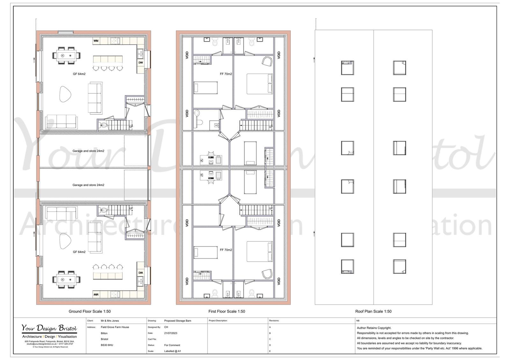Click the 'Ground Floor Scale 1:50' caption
tap(90, 311)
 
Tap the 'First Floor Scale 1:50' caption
tap(227, 311)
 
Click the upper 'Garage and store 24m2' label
tap(88, 151)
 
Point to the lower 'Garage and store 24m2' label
tap(88, 185)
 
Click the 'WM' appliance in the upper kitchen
tap(96, 41)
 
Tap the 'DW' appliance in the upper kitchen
tap(141, 62)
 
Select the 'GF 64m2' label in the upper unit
tap(79, 74)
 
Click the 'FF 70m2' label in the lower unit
tap(226, 250)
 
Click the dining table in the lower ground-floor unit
tap(67, 279)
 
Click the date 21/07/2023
tap(171, 333)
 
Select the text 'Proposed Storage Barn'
tap(178, 321)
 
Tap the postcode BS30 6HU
tap(107, 345)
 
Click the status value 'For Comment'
tap(172, 345)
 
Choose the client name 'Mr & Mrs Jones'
tap(110, 321)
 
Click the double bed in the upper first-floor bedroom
tap(259, 84)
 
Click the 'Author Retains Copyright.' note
tap(374, 328)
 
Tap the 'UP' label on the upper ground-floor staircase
tap(131, 127)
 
